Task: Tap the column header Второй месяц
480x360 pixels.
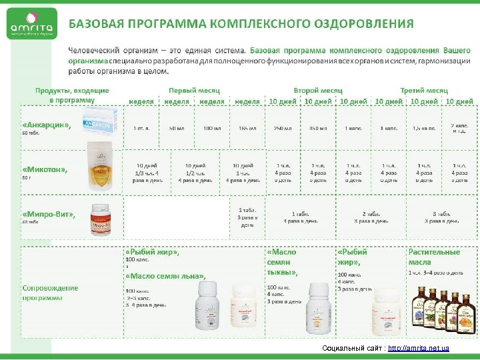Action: pyautogui.click(x=318, y=89)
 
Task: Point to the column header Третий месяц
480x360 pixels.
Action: pyautogui.click(x=423, y=89)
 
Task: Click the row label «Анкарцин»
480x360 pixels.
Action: pyautogui.click(x=47, y=125)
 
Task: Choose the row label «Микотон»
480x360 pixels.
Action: pyautogui.click(x=45, y=169)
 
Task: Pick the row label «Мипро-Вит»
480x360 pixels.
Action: pyautogui.click(x=49, y=215)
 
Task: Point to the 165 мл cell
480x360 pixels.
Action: pyautogui.click(x=247, y=127)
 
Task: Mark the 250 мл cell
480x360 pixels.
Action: pyautogui.click(x=283, y=127)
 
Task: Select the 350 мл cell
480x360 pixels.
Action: pyautogui.click(x=319, y=127)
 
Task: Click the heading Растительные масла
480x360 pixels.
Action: pyautogui.click(x=434, y=257)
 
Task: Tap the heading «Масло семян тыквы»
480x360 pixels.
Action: pyautogui.click(x=281, y=262)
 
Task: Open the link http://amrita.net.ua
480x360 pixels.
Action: pyautogui.click(x=418, y=349)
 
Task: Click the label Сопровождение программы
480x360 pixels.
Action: pyautogui.click(x=50, y=293)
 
